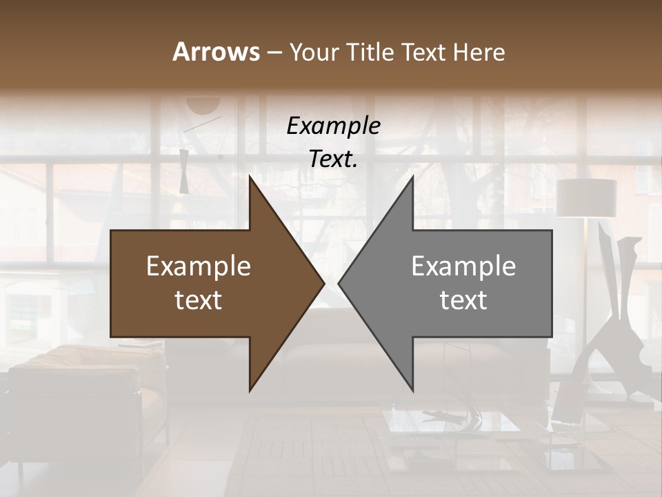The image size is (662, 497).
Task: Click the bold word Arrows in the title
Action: pyautogui.click(x=216, y=52)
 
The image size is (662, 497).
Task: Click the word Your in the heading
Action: pyautogui.click(x=312, y=52)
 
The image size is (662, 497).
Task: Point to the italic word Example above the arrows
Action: pyautogui.click(x=333, y=126)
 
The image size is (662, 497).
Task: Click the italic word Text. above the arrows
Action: pyautogui.click(x=333, y=159)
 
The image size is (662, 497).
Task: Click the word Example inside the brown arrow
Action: pyautogui.click(x=199, y=266)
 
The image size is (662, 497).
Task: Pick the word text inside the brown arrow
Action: pyautogui.click(x=199, y=300)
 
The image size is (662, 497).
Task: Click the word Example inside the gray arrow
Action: pyautogui.click(x=463, y=266)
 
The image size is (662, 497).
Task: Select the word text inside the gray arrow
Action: pyautogui.click(x=463, y=300)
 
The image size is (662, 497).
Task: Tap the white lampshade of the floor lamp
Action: pyautogui.click(x=586, y=198)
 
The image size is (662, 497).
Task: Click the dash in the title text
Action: pyautogui.click(x=274, y=52)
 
